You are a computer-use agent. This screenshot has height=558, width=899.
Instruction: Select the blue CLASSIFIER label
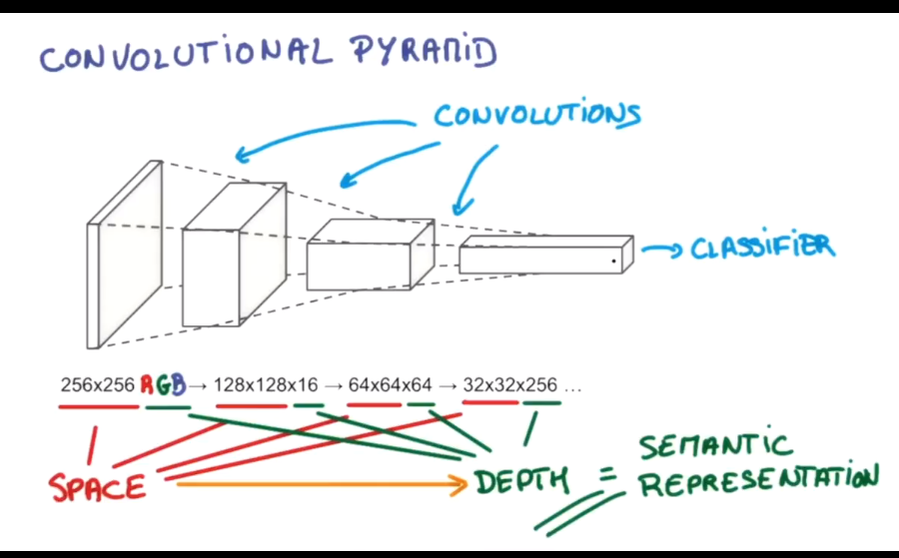point(762,247)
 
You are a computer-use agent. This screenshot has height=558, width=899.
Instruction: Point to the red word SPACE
point(98,487)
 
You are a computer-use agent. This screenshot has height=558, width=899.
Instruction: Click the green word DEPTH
point(521,482)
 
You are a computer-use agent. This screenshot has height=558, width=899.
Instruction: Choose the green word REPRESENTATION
point(758,482)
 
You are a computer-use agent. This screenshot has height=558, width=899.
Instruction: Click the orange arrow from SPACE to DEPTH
point(320,485)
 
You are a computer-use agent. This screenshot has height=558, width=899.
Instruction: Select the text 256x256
point(97,384)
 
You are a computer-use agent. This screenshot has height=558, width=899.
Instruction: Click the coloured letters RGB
point(163,384)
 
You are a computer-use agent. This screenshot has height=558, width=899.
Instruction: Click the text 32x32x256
point(510,384)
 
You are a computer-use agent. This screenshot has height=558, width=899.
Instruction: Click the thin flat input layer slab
point(124,255)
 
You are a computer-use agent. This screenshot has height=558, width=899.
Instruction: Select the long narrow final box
point(544,258)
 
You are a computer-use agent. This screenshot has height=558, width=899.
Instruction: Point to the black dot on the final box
point(614,262)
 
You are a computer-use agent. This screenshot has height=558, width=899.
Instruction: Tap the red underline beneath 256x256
point(98,406)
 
